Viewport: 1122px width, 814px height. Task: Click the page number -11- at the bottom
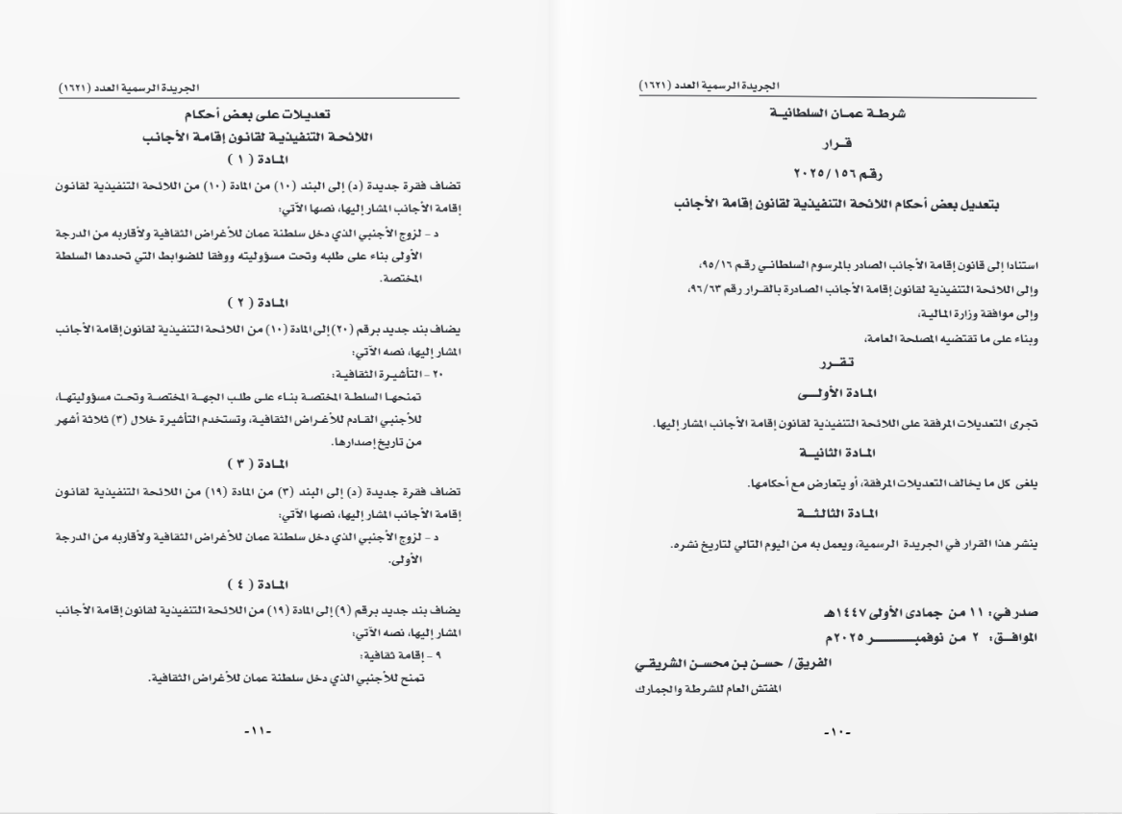pyautogui.click(x=259, y=733)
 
